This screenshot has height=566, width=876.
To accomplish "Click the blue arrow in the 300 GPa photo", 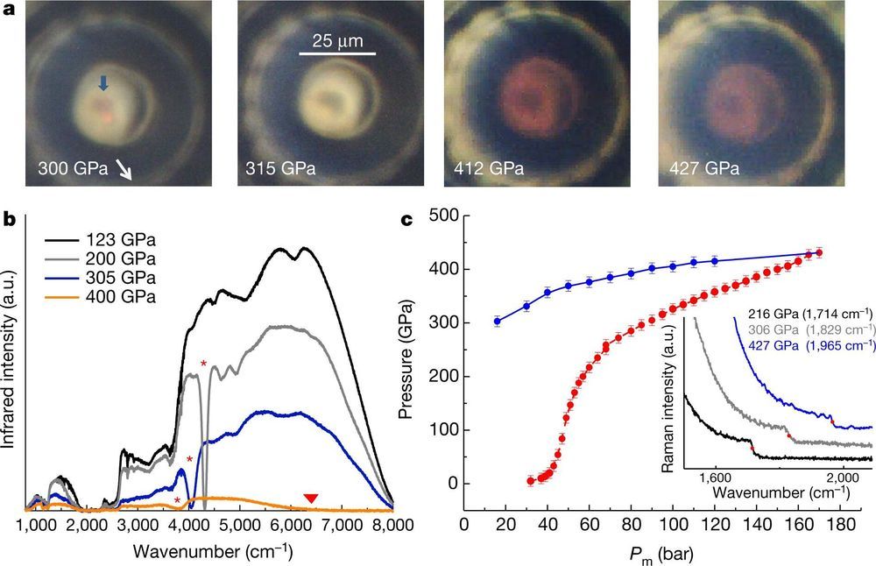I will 103,83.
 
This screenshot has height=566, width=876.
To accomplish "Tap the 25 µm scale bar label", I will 338,41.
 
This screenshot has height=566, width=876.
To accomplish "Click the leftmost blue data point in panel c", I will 498,321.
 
